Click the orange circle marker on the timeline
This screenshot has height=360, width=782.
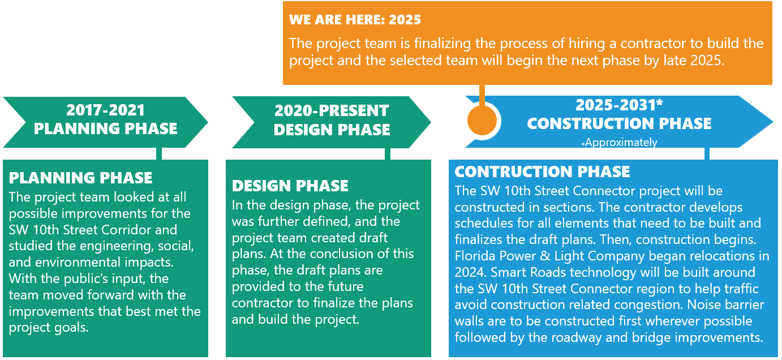pos(482,121)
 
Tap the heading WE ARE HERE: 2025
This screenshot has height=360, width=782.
pos(355,20)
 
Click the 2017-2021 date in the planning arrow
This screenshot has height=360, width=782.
pos(105,110)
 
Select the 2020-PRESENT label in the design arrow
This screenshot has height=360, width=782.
pos(332,111)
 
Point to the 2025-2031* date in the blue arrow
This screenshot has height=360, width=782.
pos(619,105)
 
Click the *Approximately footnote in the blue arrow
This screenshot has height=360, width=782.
pos(619,143)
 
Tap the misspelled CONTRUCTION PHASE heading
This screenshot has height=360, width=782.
pos(542,172)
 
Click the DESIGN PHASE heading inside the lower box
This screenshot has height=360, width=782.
pos(290,186)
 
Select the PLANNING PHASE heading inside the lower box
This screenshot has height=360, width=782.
pos(81,178)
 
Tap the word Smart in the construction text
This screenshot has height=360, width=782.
pos(509,272)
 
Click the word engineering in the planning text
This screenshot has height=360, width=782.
pos(118,247)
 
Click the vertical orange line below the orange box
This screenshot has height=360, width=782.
pos(482,95)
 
